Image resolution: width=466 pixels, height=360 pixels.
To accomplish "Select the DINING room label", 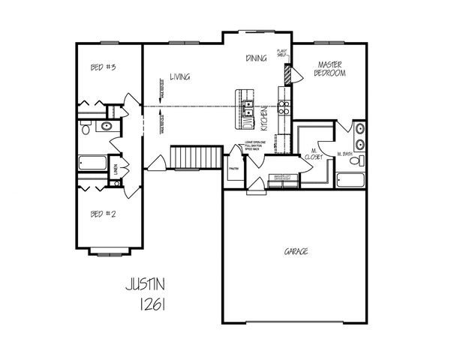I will (x=257, y=58).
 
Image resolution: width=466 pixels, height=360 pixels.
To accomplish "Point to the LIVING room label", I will (x=179, y=76).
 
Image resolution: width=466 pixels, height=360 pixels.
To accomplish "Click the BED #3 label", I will (x=102, y=67).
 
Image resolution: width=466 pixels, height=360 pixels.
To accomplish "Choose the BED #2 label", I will (x=102, y=214).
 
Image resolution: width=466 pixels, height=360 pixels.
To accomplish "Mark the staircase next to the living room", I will (x=194, y=157).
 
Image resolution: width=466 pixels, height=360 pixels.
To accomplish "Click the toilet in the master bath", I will (x=362, y=160).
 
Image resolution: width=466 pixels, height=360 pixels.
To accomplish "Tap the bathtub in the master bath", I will (x=350, y=179).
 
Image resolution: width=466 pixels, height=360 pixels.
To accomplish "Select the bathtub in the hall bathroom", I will (x=93, y=163).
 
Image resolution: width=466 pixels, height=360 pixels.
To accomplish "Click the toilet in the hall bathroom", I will (x=86, y=129).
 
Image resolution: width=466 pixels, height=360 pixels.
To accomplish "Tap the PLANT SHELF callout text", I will (x=282, y=53).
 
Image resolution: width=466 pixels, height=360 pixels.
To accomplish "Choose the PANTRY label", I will (x=233, y=169).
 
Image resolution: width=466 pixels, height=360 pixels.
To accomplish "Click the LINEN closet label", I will (x=115, y=167).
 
